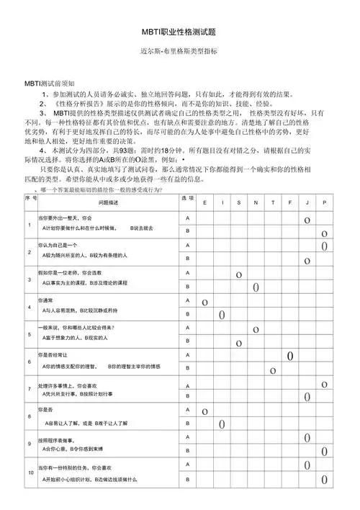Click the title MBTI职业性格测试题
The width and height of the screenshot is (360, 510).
(x=179, y=33)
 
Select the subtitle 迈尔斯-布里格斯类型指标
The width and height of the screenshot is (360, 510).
(x=179, y=53)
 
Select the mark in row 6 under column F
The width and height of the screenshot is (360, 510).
(x=290, y=356)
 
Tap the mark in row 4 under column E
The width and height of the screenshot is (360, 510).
(x=204, y=302)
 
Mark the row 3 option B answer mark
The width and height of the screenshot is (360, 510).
(x=256, y=287)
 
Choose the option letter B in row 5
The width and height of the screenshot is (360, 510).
(x=188, y=341)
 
